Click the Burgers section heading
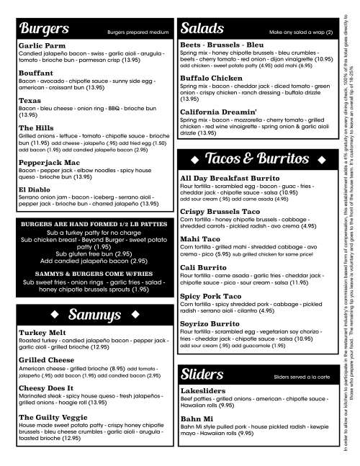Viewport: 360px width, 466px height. [44, 30]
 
